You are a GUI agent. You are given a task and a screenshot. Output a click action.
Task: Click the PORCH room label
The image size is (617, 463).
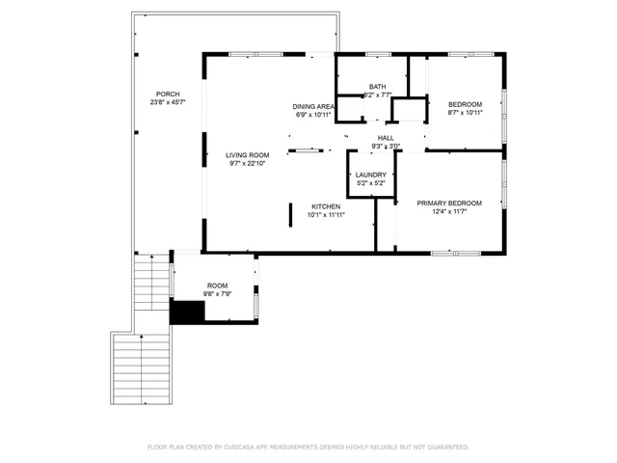coord(166,94)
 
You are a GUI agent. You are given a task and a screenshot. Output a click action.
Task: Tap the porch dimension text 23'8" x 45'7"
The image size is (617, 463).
coord(166,102)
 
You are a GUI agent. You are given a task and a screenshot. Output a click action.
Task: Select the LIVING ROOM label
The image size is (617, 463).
coord(246,154)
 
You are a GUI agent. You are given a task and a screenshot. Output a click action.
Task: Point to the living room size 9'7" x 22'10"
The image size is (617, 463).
coord(246,163)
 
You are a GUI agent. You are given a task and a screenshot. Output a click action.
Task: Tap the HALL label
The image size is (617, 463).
coord(386,138)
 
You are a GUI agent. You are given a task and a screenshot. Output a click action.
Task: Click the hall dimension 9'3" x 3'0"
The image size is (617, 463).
coord(386,147)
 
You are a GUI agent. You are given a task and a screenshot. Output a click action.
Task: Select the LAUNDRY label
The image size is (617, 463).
coord(371,175)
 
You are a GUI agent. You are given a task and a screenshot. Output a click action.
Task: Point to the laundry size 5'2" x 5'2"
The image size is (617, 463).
coord(371,183)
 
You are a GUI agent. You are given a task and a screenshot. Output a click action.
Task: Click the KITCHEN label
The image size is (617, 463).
coord(325,206)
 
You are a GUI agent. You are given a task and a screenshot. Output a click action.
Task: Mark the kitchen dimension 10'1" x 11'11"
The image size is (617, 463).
coord(325,215)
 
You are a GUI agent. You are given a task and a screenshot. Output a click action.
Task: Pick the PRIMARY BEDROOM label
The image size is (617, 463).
coord(449,203)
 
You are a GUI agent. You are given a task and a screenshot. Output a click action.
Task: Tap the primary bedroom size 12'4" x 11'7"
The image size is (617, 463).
coord(449,211)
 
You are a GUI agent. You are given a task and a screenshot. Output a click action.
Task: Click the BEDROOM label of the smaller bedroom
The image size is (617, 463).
coord(464,104)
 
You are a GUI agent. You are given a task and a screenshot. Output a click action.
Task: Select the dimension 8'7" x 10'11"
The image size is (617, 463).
coord(464,113)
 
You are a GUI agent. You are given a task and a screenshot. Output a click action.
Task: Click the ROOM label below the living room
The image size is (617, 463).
coord(216,285)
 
